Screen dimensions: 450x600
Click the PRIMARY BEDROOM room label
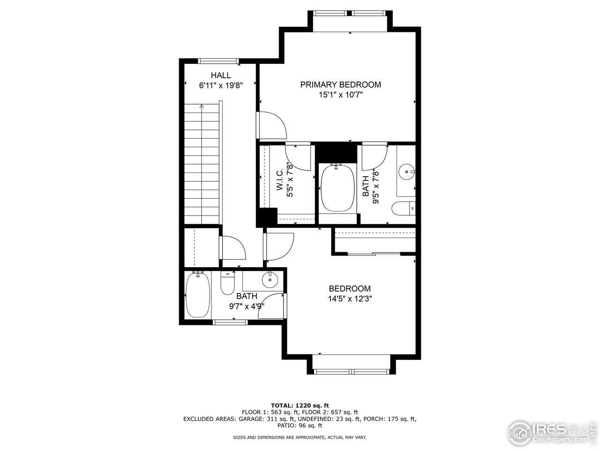click(340, 85)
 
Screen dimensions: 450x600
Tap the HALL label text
click(220, 75)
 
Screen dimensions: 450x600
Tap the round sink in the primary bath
click(406, 172)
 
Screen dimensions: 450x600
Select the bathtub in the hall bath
click(197, 295)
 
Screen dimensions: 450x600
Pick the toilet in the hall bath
click(228, 284)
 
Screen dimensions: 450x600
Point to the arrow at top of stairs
click(202, 106)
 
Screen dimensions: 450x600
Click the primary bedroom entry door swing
click(272, 125)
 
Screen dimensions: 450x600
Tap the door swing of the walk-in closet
click(299, 157)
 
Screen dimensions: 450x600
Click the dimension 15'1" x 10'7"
click(340, 95)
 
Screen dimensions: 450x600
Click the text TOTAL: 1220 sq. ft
click(300, 405)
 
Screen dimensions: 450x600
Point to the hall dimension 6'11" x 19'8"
click(220, 85)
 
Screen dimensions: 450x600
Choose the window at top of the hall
click(218, 60)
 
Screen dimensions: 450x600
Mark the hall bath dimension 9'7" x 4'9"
click(247, 306)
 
